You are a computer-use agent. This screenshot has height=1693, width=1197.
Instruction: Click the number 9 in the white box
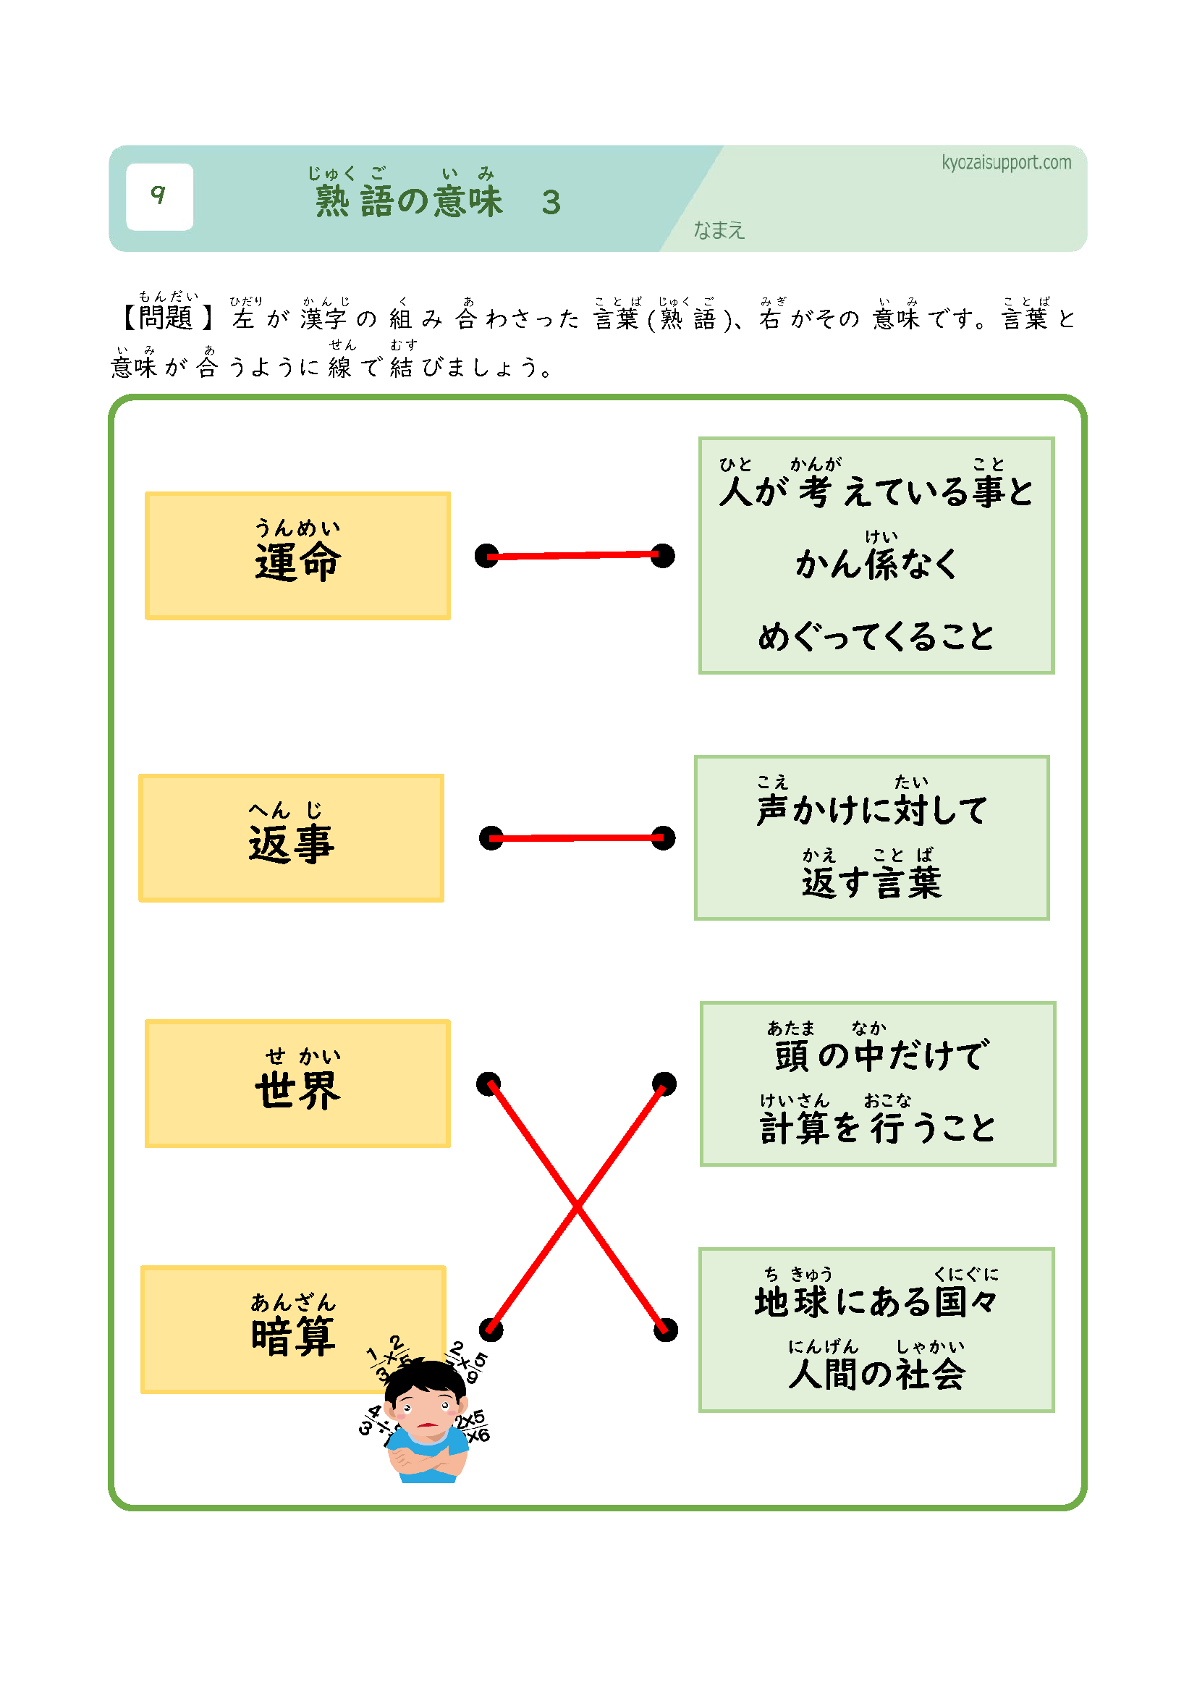[158, 195]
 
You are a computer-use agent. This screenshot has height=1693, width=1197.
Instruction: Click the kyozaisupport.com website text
[1005, 162]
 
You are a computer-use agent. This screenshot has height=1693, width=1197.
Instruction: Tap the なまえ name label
[719, 231]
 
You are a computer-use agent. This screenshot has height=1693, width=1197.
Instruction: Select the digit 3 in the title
[551, 203]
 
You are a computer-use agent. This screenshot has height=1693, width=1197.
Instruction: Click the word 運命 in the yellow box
[297, 562]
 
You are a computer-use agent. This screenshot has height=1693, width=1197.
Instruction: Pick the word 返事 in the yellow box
[291, 844]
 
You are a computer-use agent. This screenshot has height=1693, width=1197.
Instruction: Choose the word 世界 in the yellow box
[297, 1090]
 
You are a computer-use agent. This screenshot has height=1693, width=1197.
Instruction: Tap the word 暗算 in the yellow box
[293, 1336]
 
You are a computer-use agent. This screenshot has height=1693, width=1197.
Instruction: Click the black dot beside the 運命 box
[487, 556]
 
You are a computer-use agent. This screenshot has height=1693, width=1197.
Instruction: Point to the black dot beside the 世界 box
[488, 1084]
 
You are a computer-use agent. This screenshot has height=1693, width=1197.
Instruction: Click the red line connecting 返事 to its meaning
[577, 837]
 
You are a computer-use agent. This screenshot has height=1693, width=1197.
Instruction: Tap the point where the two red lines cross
[577, 1207]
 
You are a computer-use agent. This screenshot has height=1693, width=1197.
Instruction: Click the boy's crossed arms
[423, 1458]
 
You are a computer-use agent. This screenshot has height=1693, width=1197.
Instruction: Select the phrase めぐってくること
[876, 636]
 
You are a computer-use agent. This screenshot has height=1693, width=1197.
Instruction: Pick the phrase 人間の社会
[876, 1374]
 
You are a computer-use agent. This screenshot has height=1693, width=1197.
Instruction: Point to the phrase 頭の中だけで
[881, 1055]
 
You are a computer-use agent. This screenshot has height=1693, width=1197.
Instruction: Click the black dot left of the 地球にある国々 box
[666, 1330]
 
